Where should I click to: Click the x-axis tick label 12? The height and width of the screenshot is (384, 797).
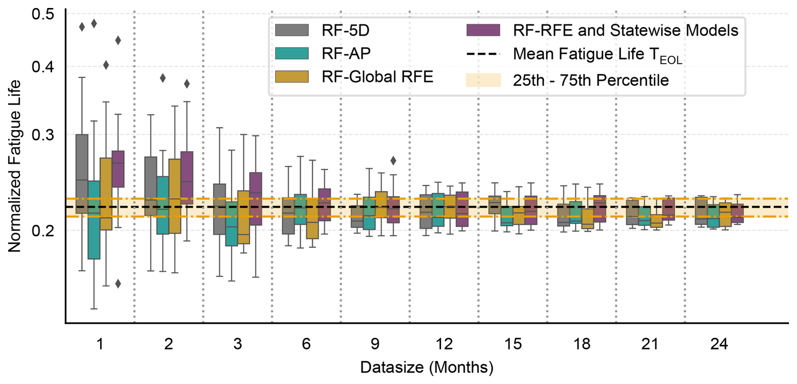click(x=444, y=344)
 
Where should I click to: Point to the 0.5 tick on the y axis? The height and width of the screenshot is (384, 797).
click(x=43, y=14)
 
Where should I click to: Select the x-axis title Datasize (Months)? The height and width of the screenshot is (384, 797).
click(x=427, y=368)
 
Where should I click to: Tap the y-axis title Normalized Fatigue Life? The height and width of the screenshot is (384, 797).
click(x=15, y=166)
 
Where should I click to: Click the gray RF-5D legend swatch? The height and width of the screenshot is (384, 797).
click(x=292, y=30)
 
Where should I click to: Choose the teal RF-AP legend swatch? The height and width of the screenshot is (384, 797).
click(x=292, y=53)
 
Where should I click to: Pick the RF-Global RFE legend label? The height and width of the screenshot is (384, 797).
click(x=377, y=77)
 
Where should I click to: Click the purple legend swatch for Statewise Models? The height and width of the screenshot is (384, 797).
click(x=483, y=30)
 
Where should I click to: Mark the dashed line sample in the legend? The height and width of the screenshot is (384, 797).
click(x=483, y=54)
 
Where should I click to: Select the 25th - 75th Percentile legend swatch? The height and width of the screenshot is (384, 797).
click(x=483, y=80)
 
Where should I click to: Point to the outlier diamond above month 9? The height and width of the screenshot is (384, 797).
click(x=393, y=160)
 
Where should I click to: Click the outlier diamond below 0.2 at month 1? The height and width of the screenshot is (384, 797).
click(x=118, y=284)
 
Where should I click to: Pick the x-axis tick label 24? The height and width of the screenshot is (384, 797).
click(x=719, y=344)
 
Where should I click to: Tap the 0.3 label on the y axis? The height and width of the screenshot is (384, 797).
click(x=43, y=135)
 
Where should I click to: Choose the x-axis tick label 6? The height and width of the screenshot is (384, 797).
click(x=306, y=344)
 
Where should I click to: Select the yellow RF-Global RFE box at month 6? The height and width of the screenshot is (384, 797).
click(x=312, y=219)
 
